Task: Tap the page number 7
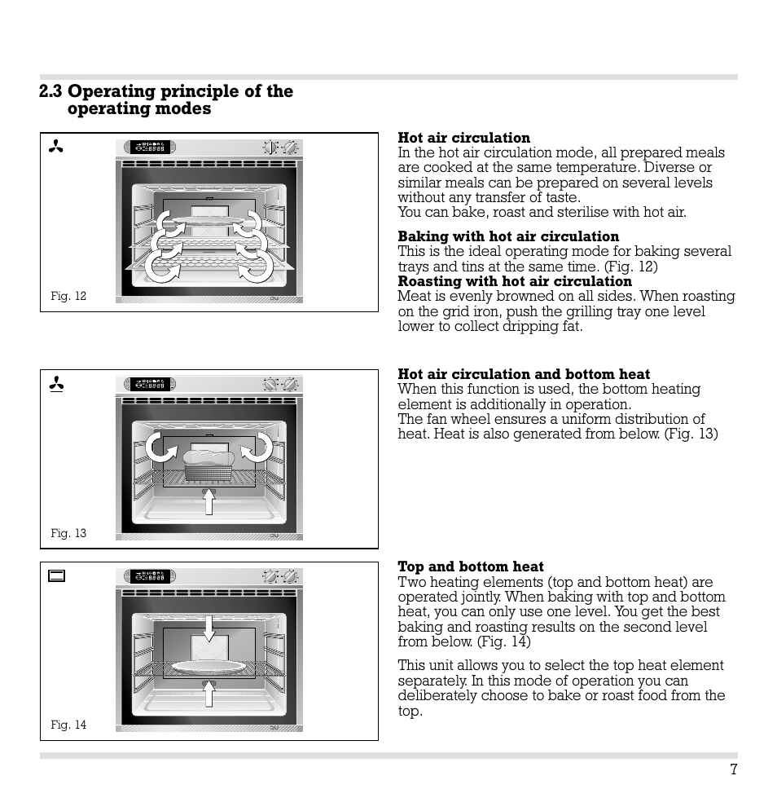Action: click(733, 769)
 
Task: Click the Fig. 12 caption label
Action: click(68, 296)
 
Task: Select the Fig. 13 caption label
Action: click(68, 533)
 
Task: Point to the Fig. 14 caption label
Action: click(68, 725)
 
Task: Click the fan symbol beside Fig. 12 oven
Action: click(56, 148)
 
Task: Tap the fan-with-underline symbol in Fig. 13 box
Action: click(56, 384)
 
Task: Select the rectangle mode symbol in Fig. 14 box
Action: click(56, 576)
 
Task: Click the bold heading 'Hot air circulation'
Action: click(463, 138)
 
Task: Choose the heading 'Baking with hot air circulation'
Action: click(507, 237)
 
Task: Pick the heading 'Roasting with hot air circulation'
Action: click(514, 282)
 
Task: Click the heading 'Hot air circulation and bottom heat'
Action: click(524, 374)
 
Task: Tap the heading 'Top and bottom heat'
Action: click(470, 567)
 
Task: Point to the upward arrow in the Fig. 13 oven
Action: click(209, 500)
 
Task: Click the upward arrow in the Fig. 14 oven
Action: click(209, 692)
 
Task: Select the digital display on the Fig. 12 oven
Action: click(147, 148)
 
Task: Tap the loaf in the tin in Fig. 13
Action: click(209, 465)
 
